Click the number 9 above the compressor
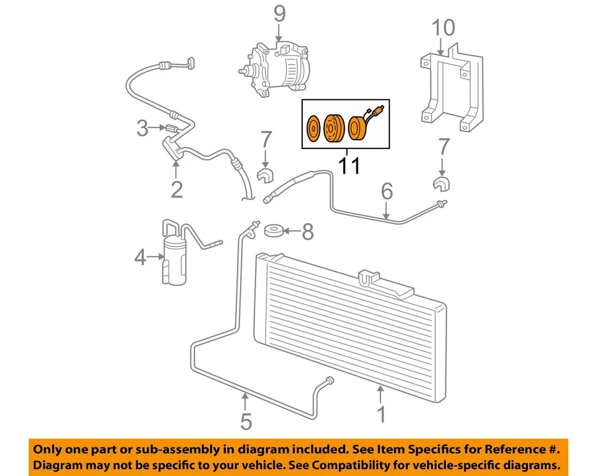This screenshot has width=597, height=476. [279, 13]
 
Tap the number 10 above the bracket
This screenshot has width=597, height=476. [444, 27]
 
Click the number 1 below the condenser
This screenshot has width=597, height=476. [382, 413]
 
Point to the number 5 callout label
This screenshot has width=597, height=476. [246, 421]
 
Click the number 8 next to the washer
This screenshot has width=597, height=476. [307, 232]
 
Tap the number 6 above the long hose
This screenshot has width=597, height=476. [387, 192]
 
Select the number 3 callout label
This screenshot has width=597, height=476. [142, 129]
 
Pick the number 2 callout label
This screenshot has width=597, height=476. [177, 189]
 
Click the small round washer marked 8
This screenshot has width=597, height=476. [272, 231]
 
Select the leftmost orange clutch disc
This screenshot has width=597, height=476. [313, 130]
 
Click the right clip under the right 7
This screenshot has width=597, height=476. [441, 184]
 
